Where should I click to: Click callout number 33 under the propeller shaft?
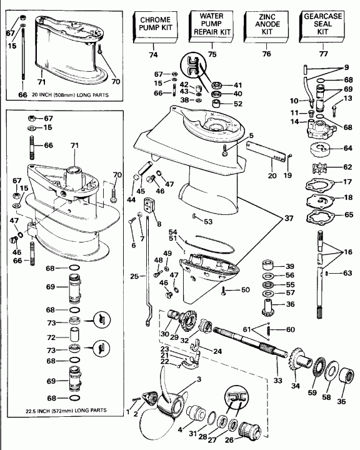click(x=277, y=379)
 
